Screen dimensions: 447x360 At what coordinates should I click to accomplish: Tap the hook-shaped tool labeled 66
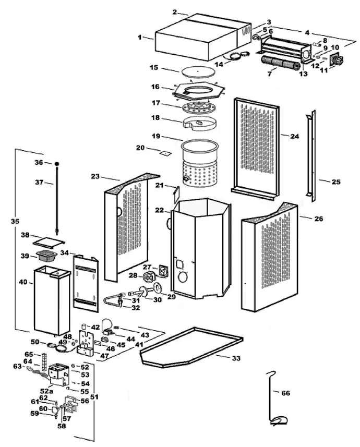pyautogui.click(x=272, y=396)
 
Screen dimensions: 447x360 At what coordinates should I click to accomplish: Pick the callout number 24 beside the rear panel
pyautogui.click(x=295, y=136)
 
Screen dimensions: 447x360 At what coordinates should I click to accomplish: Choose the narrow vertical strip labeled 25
pyautogui.click(x=312, y=156)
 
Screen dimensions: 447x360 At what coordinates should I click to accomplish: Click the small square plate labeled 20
pyautogui.click(x=165, y=153)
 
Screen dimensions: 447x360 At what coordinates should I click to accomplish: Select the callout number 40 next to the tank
pyautogui.click(x=23, y=282)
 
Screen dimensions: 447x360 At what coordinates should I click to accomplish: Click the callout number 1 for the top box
pyautogui.click(x=139, y=37)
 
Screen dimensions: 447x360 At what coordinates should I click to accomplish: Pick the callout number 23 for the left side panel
pyautogui.click(x=95, y=177)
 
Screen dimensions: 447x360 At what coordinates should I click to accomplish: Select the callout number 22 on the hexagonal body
pyautogui.click(x=160, y=210)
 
